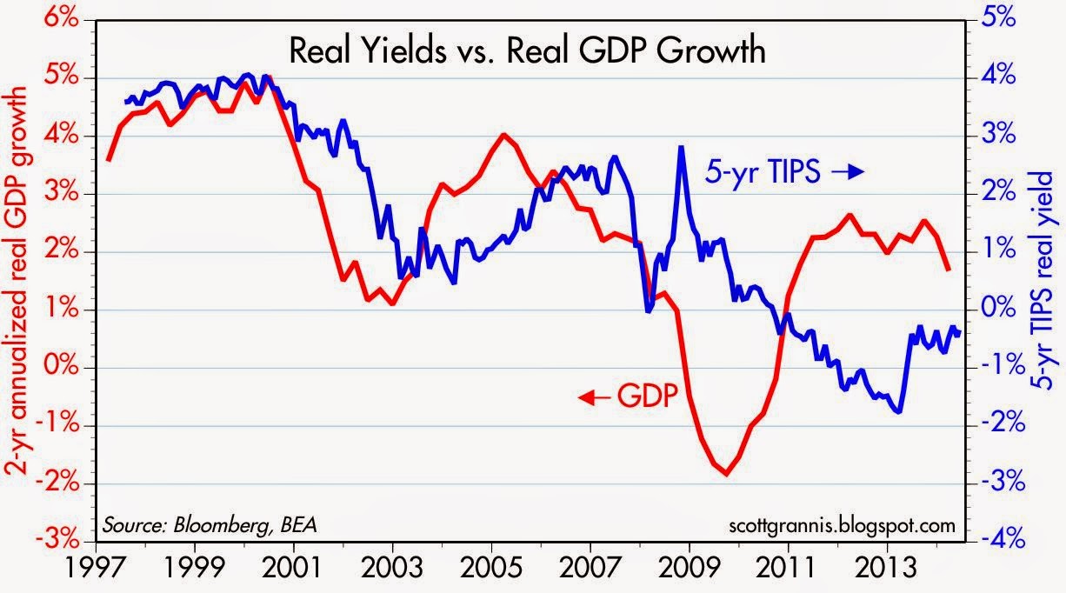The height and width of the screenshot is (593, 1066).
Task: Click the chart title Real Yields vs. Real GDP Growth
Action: pos(527,51)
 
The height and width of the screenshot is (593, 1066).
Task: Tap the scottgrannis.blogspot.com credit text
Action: pos(838,525)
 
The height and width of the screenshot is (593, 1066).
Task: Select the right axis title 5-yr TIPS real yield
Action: pos(1048,283)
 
